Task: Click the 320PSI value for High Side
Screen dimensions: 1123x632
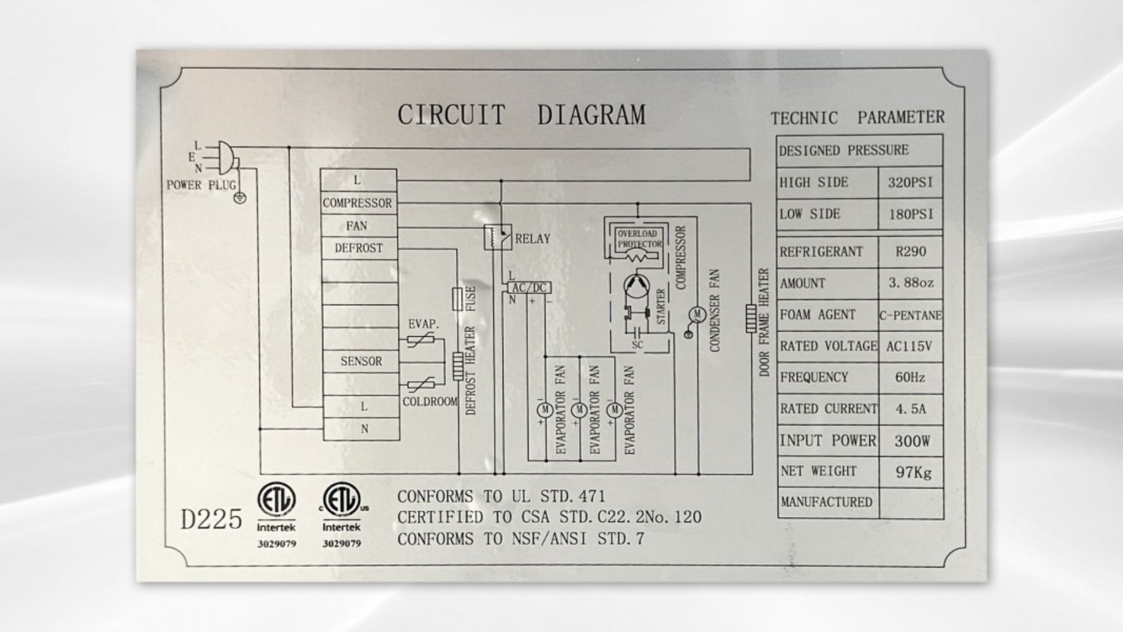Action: pyautogui.click(x=910, y=183)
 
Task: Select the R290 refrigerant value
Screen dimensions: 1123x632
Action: pyautogui.click(x=911, y=252)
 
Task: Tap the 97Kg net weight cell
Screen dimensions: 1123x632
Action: pyautogui.click(x=913, y=472)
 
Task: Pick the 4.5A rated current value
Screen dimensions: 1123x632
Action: pyautogui.click(x=911, y=409)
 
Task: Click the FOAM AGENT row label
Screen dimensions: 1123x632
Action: pyautogui.click(x=818, y=315)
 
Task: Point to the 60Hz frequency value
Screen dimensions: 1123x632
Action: pyautogui.click(x=910, y=377)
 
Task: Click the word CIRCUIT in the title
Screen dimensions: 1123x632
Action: pyautogui.click(x=451, y=115)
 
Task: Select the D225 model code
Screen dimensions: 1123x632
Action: pyautogui.click(x=211, y=519)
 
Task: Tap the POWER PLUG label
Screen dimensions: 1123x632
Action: pyautogui.click(x=201, y=185)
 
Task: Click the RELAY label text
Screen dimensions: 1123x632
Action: pyautogui.click(x=532, y=239)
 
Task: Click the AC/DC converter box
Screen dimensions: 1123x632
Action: pyautogui.click(x=529, y=288)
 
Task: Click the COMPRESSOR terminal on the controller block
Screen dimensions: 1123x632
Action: pyautogui.click(x=359, y=203)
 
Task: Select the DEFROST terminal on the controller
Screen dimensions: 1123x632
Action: pyautogui.click(x=359, y=248)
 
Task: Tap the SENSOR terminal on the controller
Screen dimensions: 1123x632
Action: pyautogui.click(x=361, y=362)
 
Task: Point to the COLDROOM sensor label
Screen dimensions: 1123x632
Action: pyautogui.click(x=430, y=402)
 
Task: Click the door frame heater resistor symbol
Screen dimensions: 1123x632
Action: pyautogui.click(x=751, y=319)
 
